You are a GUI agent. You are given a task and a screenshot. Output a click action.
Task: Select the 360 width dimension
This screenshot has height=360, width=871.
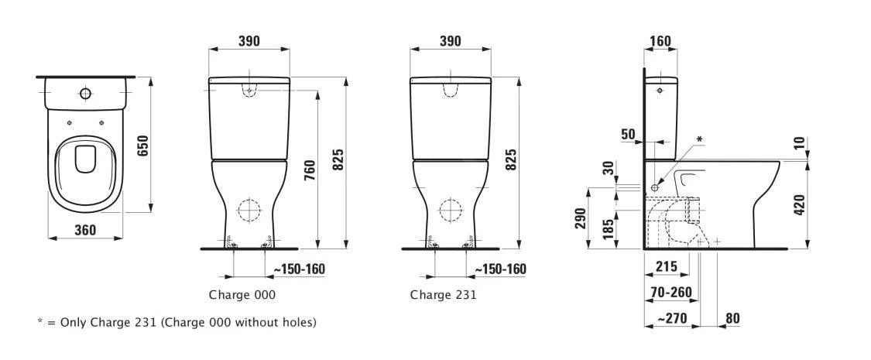(x=85, y=229)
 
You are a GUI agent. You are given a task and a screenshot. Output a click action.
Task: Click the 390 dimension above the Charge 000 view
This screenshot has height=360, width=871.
(x=248, y=41)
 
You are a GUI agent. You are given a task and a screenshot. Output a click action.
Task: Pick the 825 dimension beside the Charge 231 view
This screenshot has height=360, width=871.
(x=510, y=160)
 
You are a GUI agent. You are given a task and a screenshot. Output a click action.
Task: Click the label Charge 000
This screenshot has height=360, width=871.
(x=242, y=295)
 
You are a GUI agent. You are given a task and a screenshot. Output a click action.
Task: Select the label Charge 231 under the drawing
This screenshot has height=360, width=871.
(x=443, y=295)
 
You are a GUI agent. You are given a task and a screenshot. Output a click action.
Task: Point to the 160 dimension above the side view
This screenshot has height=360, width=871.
(x=660, y=41)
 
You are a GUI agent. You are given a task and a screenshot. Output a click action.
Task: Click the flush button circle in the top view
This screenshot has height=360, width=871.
(x=85, y=94)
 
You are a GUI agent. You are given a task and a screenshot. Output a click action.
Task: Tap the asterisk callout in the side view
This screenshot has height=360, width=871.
(x=699, y=139)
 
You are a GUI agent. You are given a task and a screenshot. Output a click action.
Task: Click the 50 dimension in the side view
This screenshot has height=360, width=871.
(x=628, y=134)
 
